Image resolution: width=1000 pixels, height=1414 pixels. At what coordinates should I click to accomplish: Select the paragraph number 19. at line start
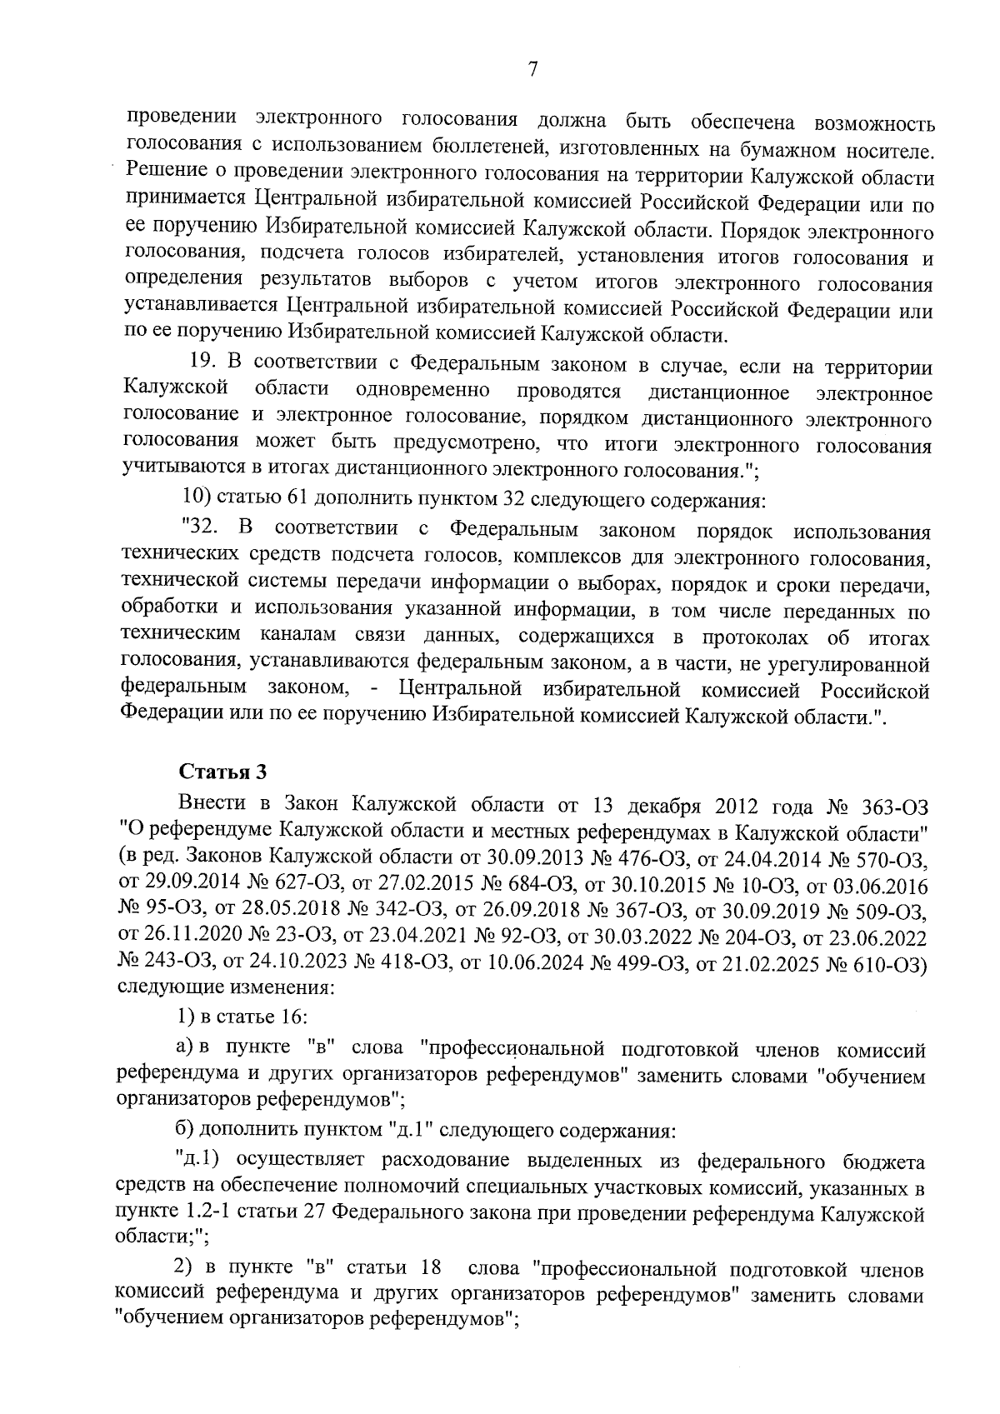click(x=203, y=367)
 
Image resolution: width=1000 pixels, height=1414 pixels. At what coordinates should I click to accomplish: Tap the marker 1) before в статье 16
click(x=187, y=1017)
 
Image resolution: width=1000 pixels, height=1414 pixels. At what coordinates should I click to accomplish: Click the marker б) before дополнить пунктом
click(x=185, y=1132)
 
